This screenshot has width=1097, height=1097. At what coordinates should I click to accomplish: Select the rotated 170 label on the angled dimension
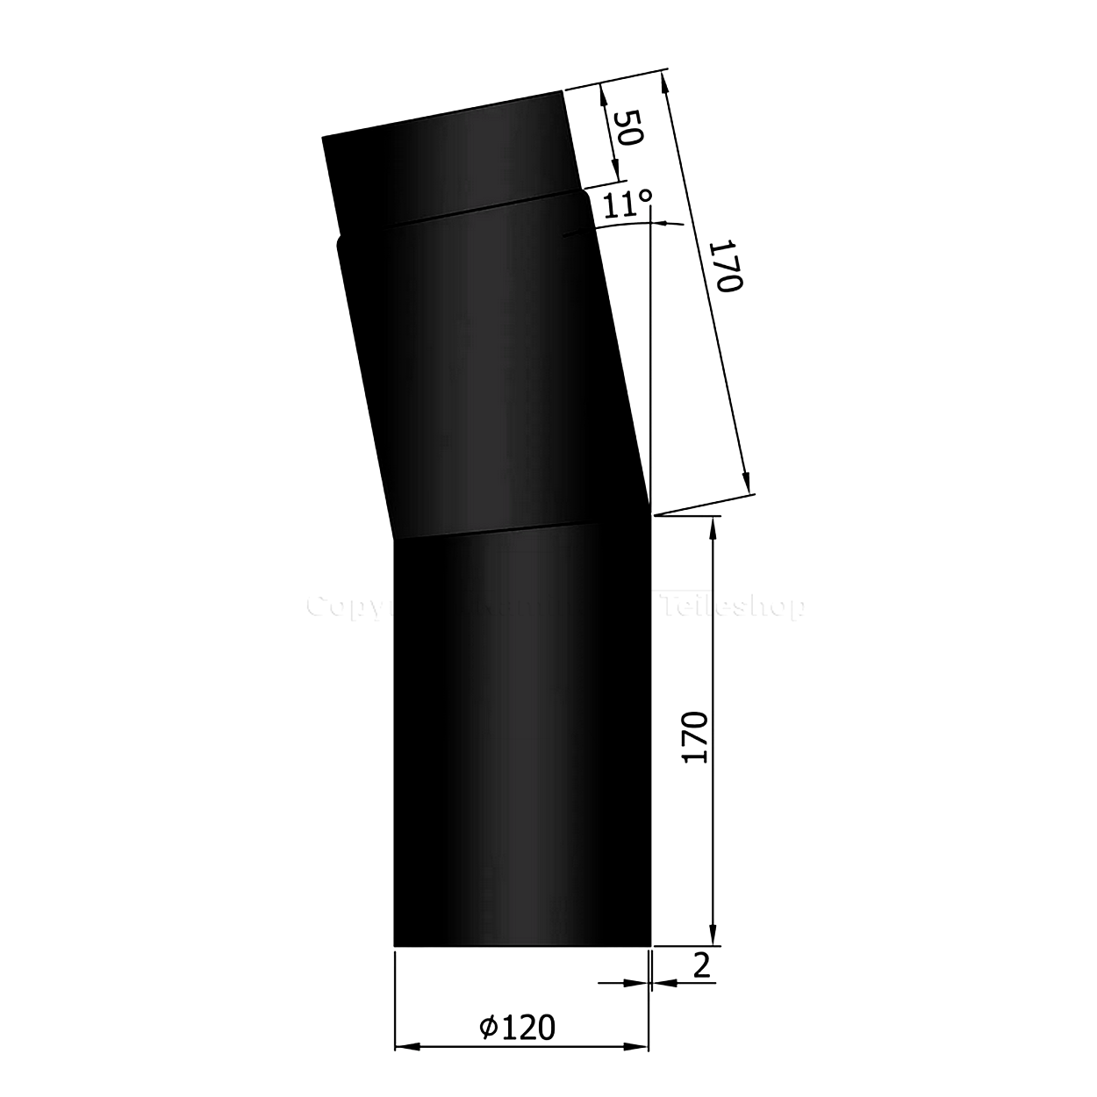click(x=728, y=269)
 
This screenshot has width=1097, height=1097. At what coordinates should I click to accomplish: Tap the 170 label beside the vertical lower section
click(x=696, y=737)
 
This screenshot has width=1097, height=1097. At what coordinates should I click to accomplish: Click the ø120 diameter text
click(x=518, y=1025)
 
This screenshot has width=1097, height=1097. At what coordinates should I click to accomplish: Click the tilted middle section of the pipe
click(x=491, y=369)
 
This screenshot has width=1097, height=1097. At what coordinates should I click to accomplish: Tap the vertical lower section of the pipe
click(x=522, y=746)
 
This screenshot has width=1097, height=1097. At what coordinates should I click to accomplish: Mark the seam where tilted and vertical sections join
click(x=522, y=528)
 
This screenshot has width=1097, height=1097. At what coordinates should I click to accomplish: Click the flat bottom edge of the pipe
click(x=522, y=946)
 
